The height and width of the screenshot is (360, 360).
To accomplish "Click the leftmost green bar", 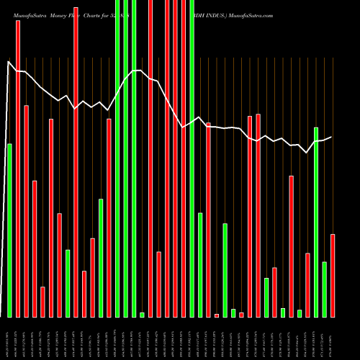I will (9, 230).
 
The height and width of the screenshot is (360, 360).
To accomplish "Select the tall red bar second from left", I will (18, 168).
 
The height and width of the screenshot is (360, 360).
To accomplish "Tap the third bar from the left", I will (26, 211).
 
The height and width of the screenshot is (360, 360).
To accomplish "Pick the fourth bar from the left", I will (35, 248).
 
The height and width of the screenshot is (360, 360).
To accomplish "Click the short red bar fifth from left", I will (42, 302).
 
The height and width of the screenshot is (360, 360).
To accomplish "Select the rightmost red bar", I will (333, 275).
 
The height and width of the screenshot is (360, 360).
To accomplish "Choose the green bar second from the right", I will (324, 289).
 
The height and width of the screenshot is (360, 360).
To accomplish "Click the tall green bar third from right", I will (316, 222).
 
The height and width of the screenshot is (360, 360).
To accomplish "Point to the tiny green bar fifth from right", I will (300, 313).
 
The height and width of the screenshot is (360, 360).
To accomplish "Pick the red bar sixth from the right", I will (291, 246).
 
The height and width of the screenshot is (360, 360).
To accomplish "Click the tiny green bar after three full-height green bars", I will (142, 315).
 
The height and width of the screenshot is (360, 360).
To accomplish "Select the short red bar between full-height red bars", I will (158, 284).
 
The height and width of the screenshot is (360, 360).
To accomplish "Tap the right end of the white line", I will (331, 137).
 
